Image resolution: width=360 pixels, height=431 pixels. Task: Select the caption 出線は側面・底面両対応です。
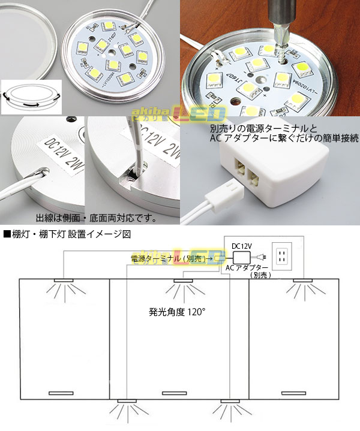pos(90,217)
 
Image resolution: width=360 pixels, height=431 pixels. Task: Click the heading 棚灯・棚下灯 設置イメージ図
pos(71,233)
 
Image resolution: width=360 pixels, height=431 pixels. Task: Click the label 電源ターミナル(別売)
pos(168,259)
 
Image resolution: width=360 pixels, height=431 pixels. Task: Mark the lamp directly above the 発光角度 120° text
pos(182,281)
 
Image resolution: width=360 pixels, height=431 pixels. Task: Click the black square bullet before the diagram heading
pos(7,233)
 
